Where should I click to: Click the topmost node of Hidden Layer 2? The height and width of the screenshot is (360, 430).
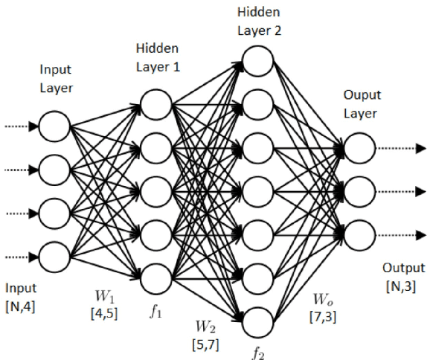pyautogui.click(x=256, y=57)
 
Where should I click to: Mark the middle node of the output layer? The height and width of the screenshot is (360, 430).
pyautogui.click(x=359, y=190)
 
